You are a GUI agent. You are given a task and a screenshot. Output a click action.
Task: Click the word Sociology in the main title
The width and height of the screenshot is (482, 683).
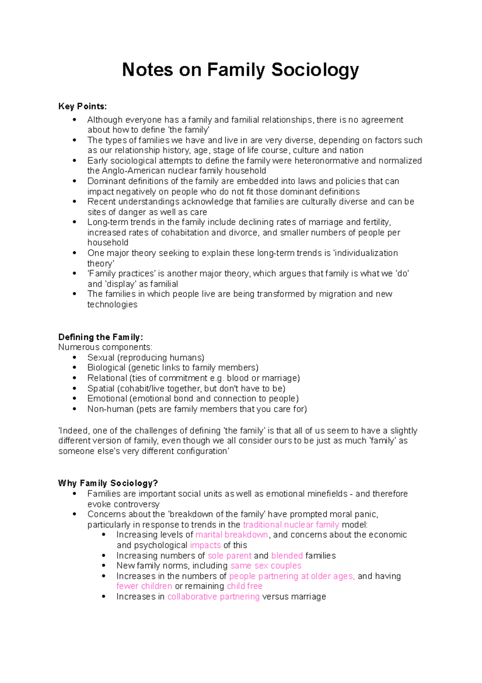(315, 70)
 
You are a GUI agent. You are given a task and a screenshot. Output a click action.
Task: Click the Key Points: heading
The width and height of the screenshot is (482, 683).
(82, 106)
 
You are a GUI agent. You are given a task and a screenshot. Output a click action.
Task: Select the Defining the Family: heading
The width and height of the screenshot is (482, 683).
(100, 337)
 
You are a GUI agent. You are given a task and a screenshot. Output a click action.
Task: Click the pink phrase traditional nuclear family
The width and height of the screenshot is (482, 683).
(291, 525)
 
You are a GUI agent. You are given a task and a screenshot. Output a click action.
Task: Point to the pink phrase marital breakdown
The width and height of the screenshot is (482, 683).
(231, 535)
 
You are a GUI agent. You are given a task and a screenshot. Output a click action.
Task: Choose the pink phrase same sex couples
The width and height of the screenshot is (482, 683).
(266, 566)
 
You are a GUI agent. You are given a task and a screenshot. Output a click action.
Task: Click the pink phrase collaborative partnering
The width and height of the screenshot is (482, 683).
(213, 597)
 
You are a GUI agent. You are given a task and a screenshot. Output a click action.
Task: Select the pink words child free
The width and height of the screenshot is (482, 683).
(244, 586)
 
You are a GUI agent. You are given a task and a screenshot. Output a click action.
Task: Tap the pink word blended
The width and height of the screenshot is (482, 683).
(287, 555)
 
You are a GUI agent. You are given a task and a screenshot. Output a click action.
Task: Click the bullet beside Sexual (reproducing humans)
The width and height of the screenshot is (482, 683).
(74, 357)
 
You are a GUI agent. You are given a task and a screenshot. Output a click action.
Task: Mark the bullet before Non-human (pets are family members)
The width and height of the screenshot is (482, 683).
(74, 409)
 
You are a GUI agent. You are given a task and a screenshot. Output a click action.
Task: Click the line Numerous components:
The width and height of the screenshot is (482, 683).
(105, 347)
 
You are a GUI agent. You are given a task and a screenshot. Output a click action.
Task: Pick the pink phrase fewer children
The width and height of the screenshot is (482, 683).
(144, 586)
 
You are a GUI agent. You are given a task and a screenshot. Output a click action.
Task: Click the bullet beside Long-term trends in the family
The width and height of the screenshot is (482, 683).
(74, 222)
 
